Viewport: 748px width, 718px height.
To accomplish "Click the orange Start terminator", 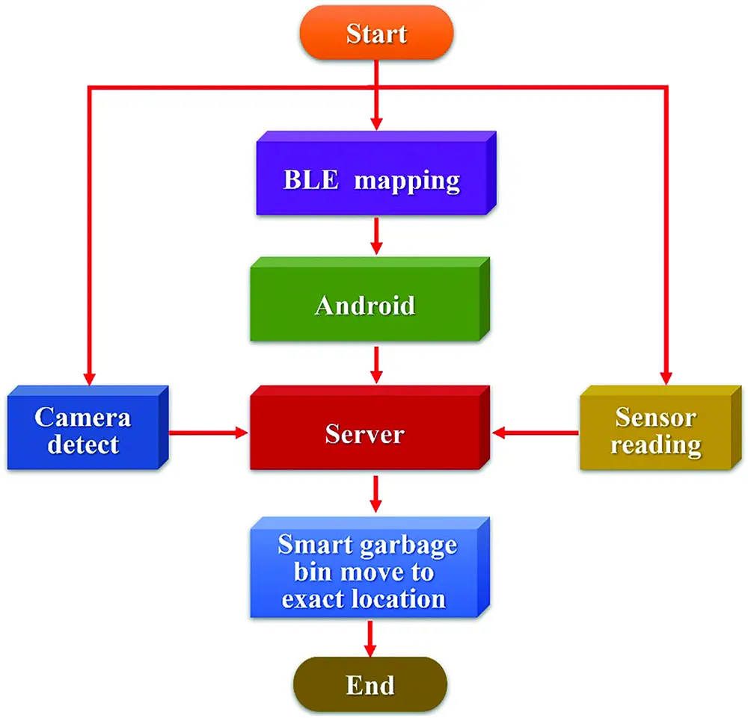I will point(377,34).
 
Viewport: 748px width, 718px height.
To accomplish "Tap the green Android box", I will point(364,305).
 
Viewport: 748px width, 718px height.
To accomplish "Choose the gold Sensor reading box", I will point(654,432).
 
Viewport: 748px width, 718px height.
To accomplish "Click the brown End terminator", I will point(370,684).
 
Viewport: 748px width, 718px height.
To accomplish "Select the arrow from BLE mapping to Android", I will point(377,238).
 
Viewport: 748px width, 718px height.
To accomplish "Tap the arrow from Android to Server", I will point(377,365).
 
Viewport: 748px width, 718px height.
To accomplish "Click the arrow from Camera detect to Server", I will point(208,433).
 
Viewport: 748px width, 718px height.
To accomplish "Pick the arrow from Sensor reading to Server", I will point(535,432).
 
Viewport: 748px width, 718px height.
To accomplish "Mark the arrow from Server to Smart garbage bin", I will point(377,494).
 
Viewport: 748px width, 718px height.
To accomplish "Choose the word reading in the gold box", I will point(656,445).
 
